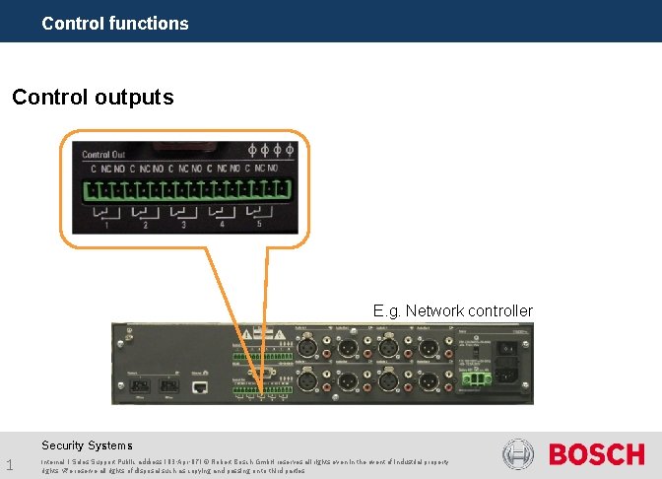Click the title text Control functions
tap(115, 23)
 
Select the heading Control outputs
tap(93, 98)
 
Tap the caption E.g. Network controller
tap(452, 310)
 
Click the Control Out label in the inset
tap(103, 154)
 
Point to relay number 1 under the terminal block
tap(105, 226)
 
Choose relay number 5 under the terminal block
tap(259, 226)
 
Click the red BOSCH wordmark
tap(596, 455)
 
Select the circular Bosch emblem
tap(518, 455)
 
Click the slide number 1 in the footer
tap(9, 464)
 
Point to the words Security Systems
tap(87, 445)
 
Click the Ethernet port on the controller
tap(200, 386)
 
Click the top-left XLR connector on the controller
tap(305, 347)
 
